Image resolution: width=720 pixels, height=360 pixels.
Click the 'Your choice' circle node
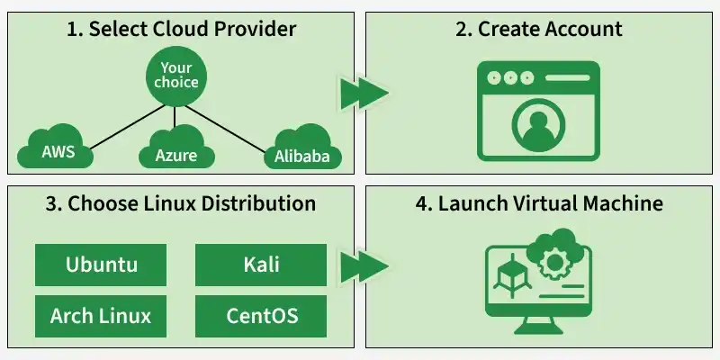click(176, 76)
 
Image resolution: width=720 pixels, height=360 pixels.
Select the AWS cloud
click(58, 148)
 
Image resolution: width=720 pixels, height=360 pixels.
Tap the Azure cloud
click(175, 153)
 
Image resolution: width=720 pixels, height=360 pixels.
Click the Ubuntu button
click(102, 265)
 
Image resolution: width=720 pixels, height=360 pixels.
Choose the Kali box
click(261, 265)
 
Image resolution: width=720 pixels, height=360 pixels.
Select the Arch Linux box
click(102, 316)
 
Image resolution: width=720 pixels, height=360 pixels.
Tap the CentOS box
click(261, 316)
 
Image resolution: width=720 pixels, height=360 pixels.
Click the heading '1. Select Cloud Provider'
click(181, 28)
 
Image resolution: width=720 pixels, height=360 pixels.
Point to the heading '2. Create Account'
click(538, 28)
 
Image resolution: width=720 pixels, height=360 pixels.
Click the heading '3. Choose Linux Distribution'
click(181, 202)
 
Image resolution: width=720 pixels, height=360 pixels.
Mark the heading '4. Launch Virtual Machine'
click(538, 202)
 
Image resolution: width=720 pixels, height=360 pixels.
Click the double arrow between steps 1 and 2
click(364, 92)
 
